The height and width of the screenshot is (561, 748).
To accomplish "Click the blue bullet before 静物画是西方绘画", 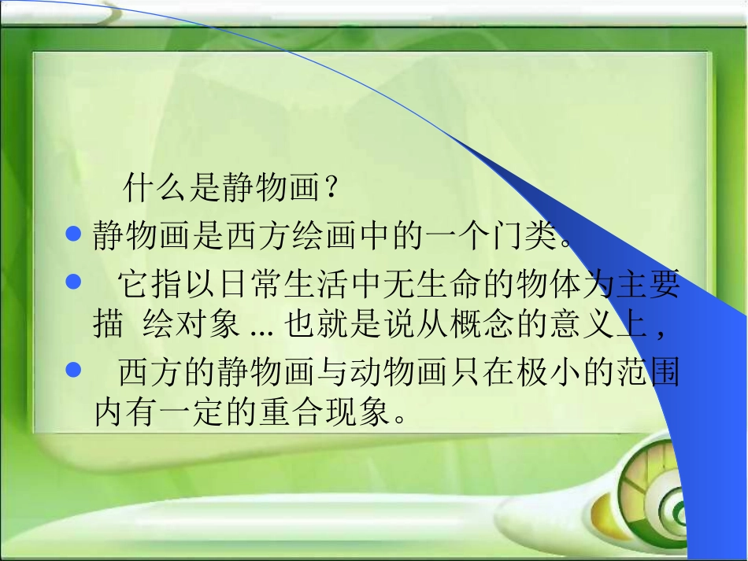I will coord(75,234).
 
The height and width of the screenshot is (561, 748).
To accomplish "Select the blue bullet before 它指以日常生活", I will coord(75,281).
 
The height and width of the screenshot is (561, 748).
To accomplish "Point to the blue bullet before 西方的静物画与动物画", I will coord(75,368).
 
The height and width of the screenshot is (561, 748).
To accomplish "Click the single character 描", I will coord(108,324).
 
